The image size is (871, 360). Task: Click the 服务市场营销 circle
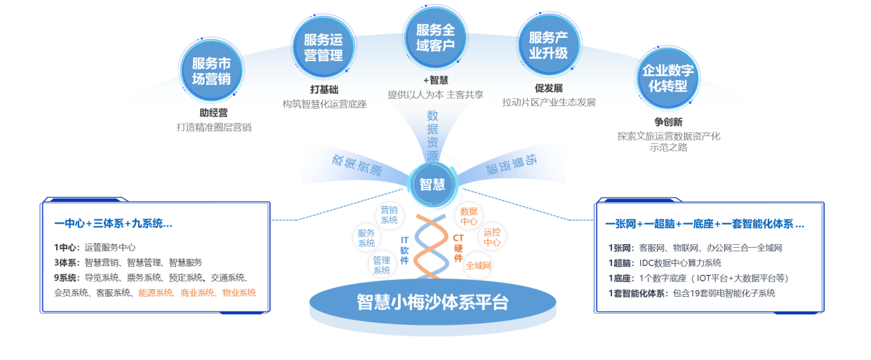[211, 70]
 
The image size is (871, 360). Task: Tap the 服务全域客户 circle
[435, 37]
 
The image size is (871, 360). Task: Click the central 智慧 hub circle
[432, 184]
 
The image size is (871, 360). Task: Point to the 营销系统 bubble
[389, 215]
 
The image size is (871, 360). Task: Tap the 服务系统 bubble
[366, 238]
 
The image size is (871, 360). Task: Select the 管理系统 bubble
[381, 265]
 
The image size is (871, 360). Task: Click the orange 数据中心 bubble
[468, 216]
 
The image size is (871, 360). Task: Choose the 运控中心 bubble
[492, 237]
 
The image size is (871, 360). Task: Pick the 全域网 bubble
[478, 265]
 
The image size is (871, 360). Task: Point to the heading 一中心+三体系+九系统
[113, 224]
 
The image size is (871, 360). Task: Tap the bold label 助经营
[213, 112]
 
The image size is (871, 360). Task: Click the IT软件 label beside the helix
[404, 249]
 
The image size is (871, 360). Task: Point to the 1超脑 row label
[620, 262]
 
